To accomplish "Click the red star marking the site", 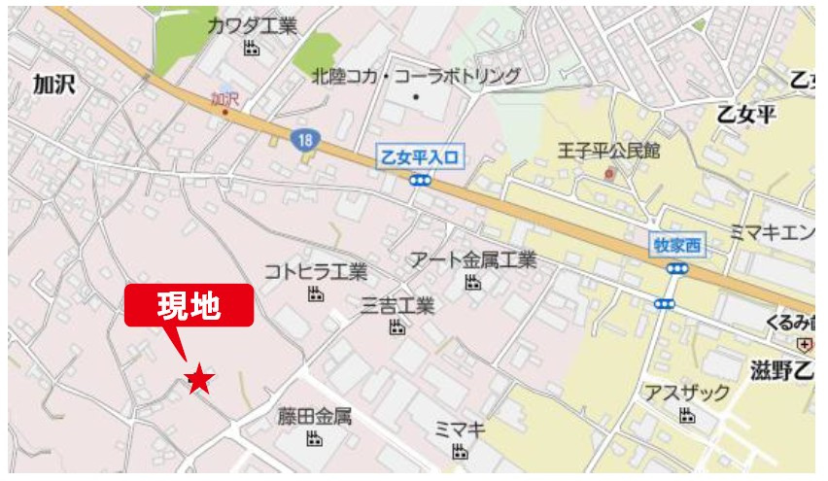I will pyautogui.click(x=199, y=379).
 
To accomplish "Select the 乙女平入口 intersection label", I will pyautogui.click(x=421, y=155).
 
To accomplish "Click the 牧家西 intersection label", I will pyautogui.click(x=675, y=245).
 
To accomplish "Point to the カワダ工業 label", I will pyautogui.click(x=252, y=26).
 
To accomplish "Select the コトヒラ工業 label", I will pyautogui.click(x=315, y=271).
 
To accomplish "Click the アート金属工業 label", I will pyautogui.click(x=472, y=259).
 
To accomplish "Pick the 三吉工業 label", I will pyautogui.click(x=397, y=305).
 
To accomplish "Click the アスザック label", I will pyautogui.click(x=687, y=393).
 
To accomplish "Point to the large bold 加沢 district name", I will pyautogui.click(x=54, y=85).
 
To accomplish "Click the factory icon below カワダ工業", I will pyautogui.click(x=252, y=49).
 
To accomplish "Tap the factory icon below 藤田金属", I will pyautogui.click(x=314, y=439).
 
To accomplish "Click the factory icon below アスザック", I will pyautogui.click(x=687, y=416).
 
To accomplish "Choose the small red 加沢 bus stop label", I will pyautogui.click(x=224, y=98).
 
